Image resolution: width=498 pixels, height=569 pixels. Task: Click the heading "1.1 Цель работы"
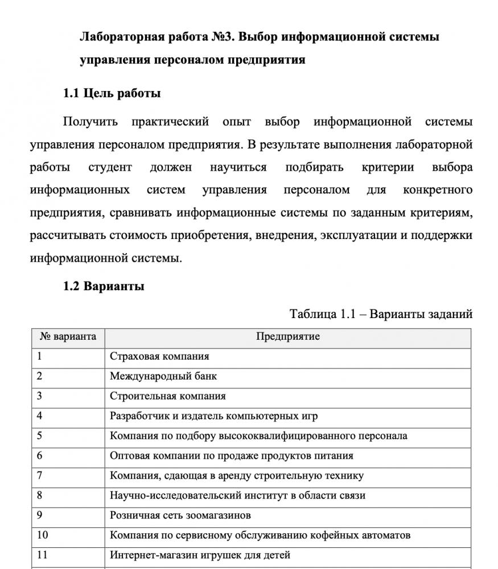[112, 93]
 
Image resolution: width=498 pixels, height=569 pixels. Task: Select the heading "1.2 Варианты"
[104, 286]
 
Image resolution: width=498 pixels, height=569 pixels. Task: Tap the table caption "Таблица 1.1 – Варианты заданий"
[381, 314]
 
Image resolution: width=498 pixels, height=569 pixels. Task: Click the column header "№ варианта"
[68, 336]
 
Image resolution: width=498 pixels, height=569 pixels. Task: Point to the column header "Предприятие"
[287, 336]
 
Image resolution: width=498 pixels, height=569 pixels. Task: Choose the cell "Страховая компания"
[159, 356]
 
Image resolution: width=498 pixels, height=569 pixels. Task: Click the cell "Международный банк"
[163, 376]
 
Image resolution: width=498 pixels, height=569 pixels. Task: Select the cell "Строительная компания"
[168, 396]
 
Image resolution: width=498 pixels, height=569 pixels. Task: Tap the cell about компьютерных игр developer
[213, 416]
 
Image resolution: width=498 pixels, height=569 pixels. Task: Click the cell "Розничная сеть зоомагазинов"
[180, 515]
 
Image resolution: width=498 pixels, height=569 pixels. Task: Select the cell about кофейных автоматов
[260, 535]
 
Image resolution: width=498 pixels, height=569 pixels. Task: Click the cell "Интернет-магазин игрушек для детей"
[200, 555]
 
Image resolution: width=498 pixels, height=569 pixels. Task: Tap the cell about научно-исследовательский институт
[237, 495]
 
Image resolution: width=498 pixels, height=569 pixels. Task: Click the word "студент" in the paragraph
[110, 167]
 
